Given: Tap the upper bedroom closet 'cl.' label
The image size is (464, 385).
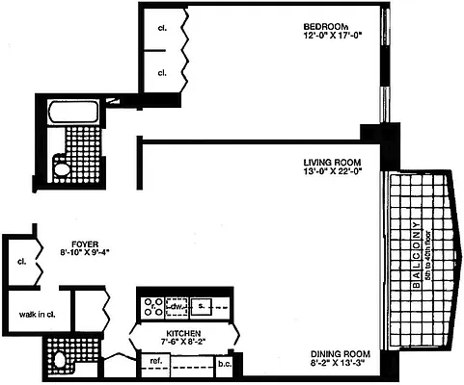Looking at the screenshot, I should click(162, 27).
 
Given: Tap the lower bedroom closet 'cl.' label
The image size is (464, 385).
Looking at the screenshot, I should click(162, 72).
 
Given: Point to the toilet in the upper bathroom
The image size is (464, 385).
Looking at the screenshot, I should click(62, 169).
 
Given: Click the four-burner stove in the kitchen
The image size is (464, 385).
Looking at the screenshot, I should click(152, 307).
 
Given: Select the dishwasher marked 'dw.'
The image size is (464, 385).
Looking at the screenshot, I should click(177, 308).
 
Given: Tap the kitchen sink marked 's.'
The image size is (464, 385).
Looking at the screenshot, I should click(203, 308).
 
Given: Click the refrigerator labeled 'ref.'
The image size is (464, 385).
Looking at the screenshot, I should click(153, 363).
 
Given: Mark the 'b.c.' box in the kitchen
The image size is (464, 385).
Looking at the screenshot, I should click(224, 363).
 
